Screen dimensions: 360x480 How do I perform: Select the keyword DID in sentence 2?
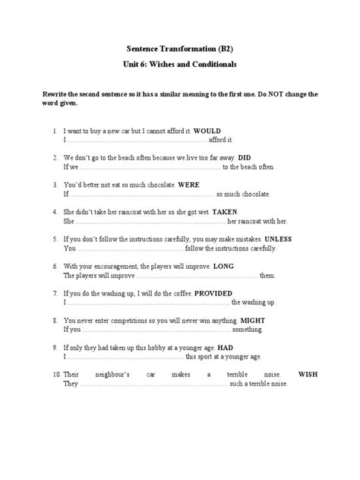click(x=236, y=158)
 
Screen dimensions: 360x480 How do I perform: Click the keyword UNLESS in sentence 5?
click(x=276, y=238)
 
